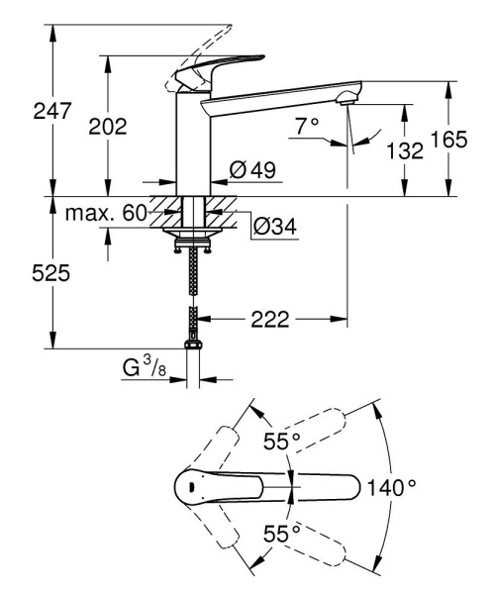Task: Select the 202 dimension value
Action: pos(108,126)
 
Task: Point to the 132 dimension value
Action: pos(405,150)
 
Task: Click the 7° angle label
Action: pos(307,126)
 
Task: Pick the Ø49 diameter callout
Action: pos(251,171)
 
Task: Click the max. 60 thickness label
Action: pos(106,214)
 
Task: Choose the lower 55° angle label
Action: pos(282,534)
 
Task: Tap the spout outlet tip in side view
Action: pos(346,98)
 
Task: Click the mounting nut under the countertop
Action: pos(193,237)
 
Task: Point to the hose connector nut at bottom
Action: pos(193,346)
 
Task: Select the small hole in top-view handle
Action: pos(187,487)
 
